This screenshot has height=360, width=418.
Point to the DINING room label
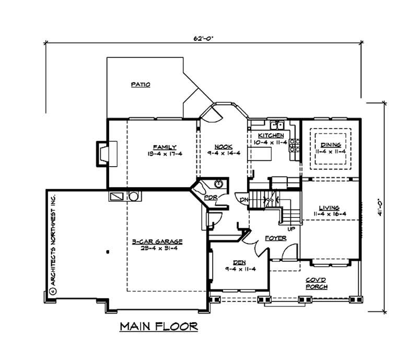click(331, 145)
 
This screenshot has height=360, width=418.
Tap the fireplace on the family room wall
click(101, 153)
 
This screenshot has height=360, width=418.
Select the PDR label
click(210, 198)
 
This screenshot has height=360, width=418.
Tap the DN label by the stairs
click(243, 200)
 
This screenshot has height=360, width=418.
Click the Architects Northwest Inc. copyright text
click(52, 245)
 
